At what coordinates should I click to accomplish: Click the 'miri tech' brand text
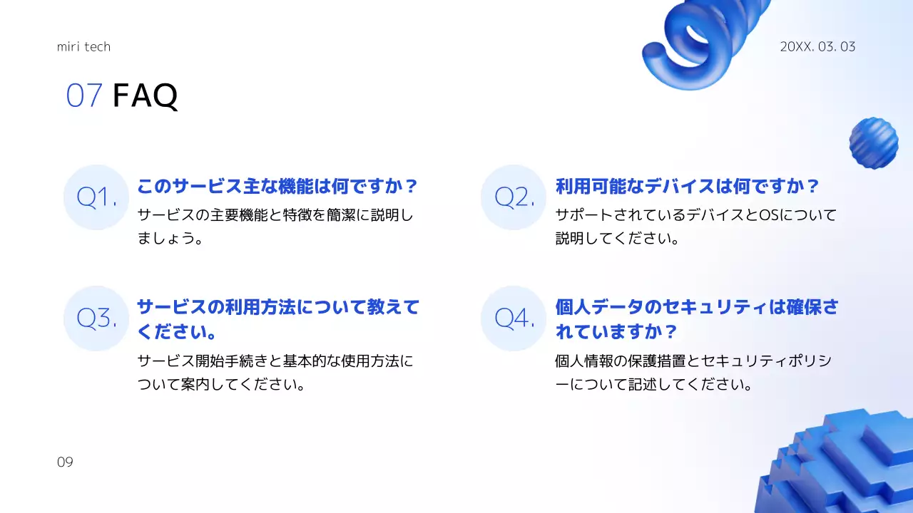pyautogui.click(x=83, y=47)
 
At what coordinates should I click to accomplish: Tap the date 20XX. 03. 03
pyautogui.click(x=817, y=47)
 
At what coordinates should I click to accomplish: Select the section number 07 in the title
pyautogui.click(x=84, y=95)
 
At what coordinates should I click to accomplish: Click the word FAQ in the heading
pyautogui.click(x=145, y=95)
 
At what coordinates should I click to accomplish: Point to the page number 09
pyautogui.click(x=65, y=462)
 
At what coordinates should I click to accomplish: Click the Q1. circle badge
pyautogui.click(x=96, y=197)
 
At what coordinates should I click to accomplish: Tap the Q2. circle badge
pyautogui.click(x=514, y=197)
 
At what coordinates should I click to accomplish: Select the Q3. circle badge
pyautogui.click(x=96, y=318)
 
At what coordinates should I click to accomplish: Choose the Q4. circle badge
pyautogui.click(x=514, y=318)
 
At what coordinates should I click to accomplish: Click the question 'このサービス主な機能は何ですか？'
pyautogui.click(x=277, y=187)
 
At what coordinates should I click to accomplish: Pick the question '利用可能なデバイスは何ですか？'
pyautogui.click(x=688, y=187)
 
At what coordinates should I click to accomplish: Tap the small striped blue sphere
pyautogui.click(x=873, y=142)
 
